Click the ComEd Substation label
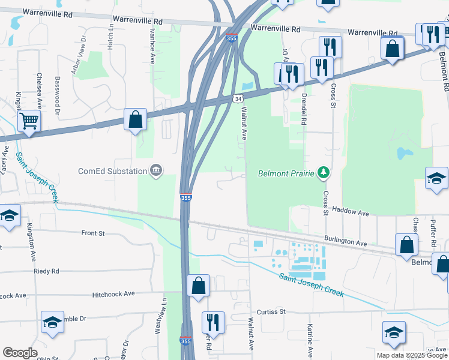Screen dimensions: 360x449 click(111, 171)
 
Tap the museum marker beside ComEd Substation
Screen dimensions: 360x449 click(155, 171)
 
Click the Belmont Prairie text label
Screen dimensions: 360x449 click(286, 173)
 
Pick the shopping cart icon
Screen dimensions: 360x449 click(29, 121)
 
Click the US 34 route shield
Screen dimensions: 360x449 click(238, 98)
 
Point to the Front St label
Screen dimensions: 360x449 click(93, 233)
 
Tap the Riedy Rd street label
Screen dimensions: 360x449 click(46, 271)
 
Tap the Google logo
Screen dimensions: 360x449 click(20, 353)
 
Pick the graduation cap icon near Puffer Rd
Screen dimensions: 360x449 click(436, 178)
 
